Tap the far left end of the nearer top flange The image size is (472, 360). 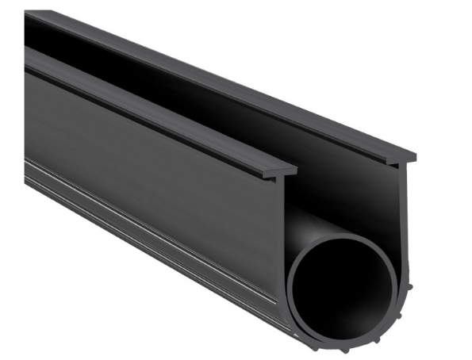(32, 59)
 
